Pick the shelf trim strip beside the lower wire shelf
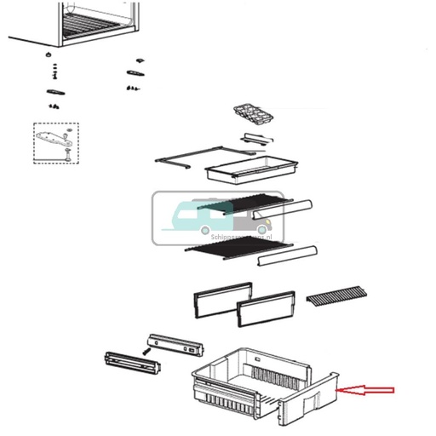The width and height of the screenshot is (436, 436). click(288, 254)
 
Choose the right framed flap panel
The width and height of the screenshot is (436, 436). click(266, 304)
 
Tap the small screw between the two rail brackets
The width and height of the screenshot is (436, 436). click(147, 349)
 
